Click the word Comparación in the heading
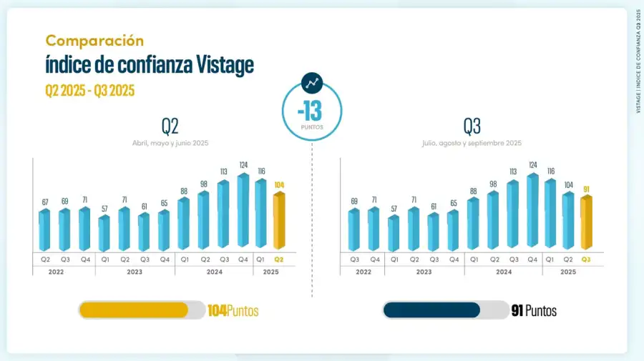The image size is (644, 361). click(x=94, y=41)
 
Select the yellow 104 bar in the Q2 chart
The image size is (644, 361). click(x=279, y=222)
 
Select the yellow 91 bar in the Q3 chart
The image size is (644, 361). click(x=587, y=223)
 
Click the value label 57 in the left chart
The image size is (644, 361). click(x=104, y=209)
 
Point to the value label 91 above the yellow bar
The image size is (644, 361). click(x=587, y=189)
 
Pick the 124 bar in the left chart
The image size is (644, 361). click(x=243, y=211)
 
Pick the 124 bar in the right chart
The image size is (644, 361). click(x=532, y=211)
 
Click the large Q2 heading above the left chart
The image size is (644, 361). click(x=170, y=127)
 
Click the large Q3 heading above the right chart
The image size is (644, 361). click(x=472, y=127)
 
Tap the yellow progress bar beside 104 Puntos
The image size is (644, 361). click(x=134, y=310)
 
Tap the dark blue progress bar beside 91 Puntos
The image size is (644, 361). click(x=431, y=310)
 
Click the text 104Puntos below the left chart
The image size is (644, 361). click(x=233, y=311)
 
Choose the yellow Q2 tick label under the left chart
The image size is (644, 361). click(x=279, y=259)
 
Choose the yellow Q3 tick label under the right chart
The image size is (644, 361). click(x=587, y=259)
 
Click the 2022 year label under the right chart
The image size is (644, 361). click(x=364, y=272)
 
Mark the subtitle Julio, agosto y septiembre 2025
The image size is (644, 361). click(x=472, y=143)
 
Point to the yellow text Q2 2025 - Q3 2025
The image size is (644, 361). click(x=89, y=90)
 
